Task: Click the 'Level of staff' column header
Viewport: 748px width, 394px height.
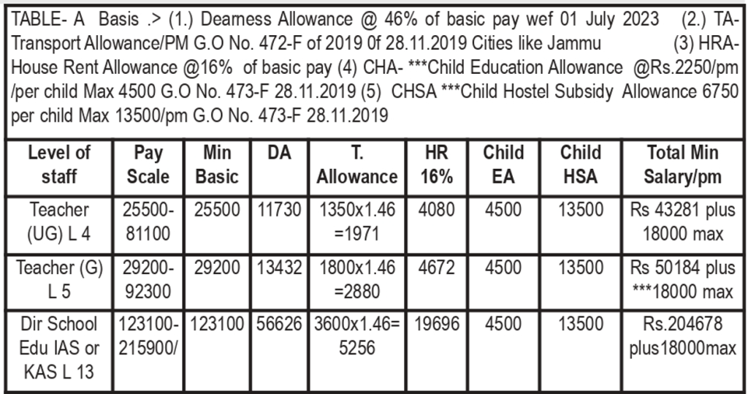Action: point(58,164)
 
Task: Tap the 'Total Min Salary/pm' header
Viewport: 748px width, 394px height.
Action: point(682,164)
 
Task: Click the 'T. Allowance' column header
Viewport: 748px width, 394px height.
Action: point(357,164)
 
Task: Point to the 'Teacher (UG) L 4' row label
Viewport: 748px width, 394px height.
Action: point(58,222)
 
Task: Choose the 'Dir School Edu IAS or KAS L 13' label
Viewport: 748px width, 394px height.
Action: point(58,346)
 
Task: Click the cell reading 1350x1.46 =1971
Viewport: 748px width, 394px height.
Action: point(357,222)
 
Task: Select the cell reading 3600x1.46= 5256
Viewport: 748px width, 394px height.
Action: point(357,336)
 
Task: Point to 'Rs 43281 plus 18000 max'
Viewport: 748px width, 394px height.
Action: point(682,222)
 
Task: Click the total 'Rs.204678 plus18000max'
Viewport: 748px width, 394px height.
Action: point(682,336)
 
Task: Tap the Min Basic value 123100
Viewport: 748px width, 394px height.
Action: point(216,324)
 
